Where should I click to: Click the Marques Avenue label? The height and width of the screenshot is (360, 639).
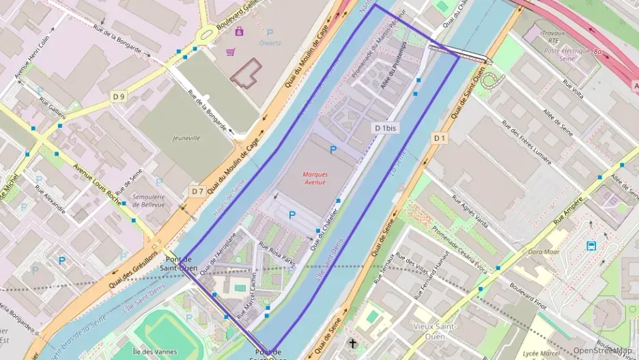[x=315, y=178]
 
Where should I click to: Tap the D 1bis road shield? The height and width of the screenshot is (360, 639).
[x=386, y=128]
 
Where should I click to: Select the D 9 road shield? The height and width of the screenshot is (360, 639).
[x=119, y=97]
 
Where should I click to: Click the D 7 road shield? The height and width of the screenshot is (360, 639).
[x=197, y=191]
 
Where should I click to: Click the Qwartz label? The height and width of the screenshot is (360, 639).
[x=270, y=42]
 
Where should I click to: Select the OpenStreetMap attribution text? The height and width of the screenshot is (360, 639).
[x=602, y=350]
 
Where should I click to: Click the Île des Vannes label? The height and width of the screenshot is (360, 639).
[x=155, y=352]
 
